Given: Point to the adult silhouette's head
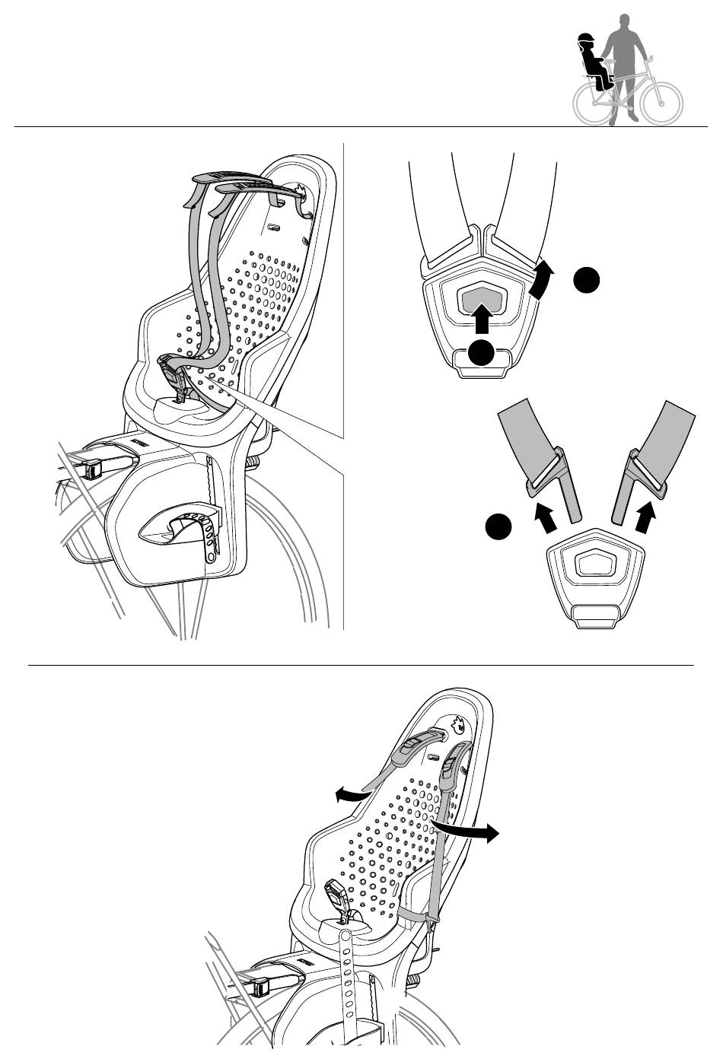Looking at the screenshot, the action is click(x=625, y=20).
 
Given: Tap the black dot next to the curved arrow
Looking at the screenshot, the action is click(x=587, y=281).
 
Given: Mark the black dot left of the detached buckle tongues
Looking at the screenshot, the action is click(x=497, y=526).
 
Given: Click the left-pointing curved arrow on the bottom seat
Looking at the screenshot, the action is click(x=352, y=796).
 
